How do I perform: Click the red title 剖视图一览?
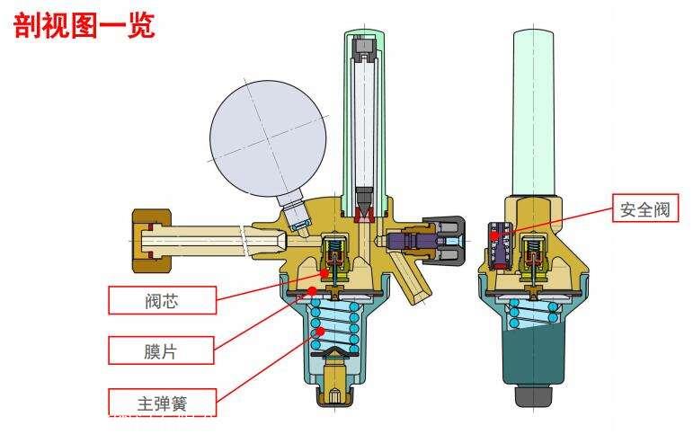click(x=84, y=26)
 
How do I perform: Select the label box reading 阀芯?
click(x=162, y=300)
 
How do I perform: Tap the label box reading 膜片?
click(x=161, y=350)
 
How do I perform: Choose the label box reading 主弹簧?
click(x=162, y=403)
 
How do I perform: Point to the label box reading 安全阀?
click(x=645, y=208)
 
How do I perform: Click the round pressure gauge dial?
click(x=268, y=138)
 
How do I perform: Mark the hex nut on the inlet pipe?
click(x=152, y=241)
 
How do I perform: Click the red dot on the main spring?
click(x=322, y=330)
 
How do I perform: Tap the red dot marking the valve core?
click(x=324, y=273)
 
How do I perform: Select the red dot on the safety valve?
click(x=494, y=235)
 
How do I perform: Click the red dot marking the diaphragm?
click(x=312, y=290)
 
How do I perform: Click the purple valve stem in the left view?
click(x=411, y=241)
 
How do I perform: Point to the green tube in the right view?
click(x=533, y=113)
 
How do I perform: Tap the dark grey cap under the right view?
click(x=533, y=396)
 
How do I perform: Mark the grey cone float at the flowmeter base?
click(x=365, y=201)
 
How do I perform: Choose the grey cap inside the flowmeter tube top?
click(x=364, y=46)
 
